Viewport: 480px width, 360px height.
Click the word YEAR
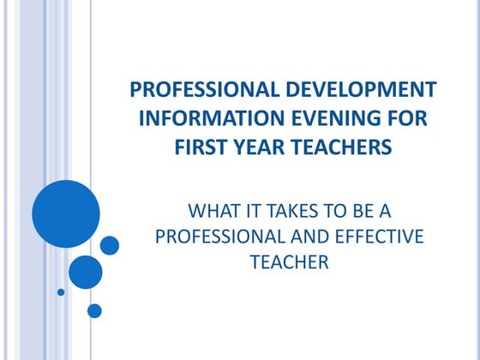(x=255, y=147)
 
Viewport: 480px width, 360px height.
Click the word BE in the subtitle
(x=352, y=209)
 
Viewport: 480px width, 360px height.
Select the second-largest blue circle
(x=86, y=272)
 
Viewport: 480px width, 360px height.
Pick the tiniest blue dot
(x=61, y=291)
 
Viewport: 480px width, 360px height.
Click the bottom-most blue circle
(x=94, y=310)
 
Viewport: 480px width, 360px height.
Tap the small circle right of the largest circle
(x=110, y=245)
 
